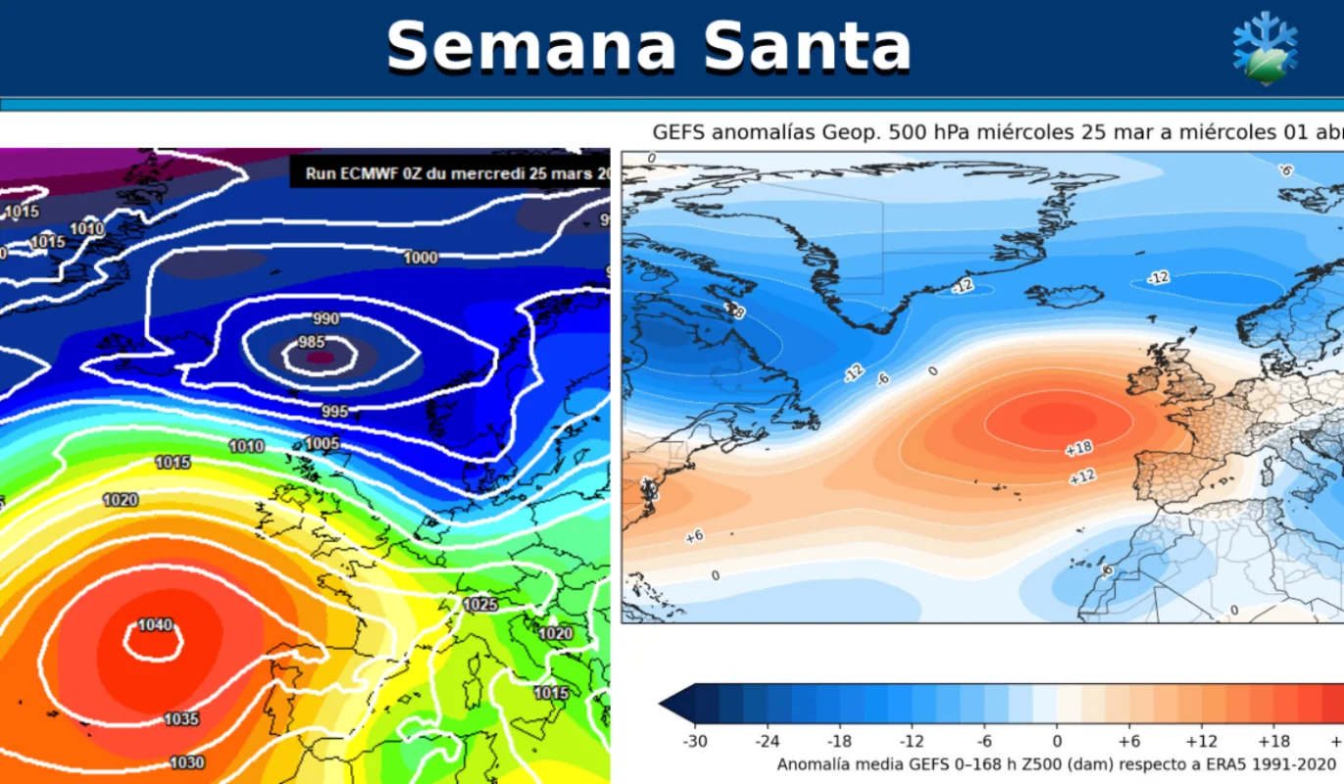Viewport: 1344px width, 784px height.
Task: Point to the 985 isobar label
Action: pyautogui.click(x=312, y=342)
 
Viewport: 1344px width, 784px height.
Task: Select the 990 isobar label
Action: pyautogui.click(x=325, y=319)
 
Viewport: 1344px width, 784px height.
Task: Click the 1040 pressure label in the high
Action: pyautogui.click(x=155, y=625)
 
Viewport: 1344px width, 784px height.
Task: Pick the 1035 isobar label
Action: pyautogui.click(x=181, y=719)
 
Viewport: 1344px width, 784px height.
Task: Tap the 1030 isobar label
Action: pyautogui.click(x=187, y=762)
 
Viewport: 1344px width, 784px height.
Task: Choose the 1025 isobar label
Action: pyautogui.click(x=480, y=605)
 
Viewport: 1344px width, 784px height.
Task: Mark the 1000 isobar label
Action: pyautogui.click(x=421, y=258)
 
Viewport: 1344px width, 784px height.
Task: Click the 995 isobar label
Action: pyautogui.click(x=335, y=412)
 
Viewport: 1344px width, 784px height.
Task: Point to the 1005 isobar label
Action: pyautogui.click(x=322, y=444)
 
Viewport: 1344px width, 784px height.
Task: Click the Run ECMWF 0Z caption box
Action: pyautogui.click(x=450, y=173)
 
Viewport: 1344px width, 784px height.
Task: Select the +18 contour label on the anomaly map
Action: pyautogui.click(x=1078, y=449)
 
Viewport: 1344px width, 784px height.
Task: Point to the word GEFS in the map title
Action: pyautogui.click(x=677, y=132)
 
